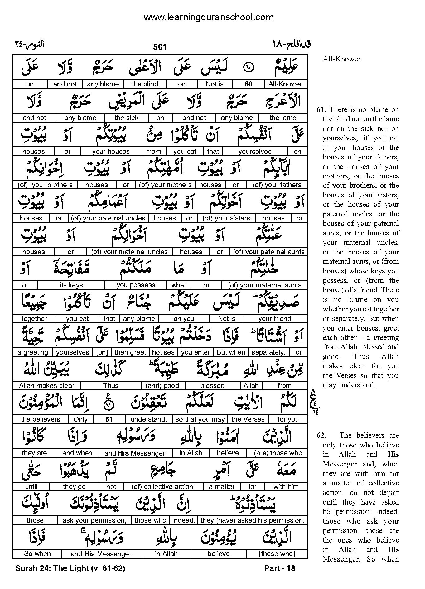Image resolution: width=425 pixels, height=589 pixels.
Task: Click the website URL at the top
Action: (208, 17)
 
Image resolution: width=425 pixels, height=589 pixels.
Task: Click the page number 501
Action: (160, 47)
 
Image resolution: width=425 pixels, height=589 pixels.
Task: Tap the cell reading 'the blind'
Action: (145, 84)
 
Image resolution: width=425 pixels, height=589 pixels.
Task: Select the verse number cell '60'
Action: (248, 84)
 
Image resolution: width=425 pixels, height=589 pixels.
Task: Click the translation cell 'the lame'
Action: (283, 118)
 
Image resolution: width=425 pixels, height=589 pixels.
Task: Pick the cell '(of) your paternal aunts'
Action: (268, 252)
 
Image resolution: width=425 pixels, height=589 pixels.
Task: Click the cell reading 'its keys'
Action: (71, 285)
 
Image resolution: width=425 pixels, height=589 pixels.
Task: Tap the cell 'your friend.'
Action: (275, 319)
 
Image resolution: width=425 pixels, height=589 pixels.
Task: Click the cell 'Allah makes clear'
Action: (46, 386)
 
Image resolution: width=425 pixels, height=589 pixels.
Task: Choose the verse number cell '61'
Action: (109, 419)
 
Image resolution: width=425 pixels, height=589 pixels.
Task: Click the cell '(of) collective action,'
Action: (163, 487)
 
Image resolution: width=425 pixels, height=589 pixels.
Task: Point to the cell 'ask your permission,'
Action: (94, 520)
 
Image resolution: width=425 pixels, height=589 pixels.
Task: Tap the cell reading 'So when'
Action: (37, 554)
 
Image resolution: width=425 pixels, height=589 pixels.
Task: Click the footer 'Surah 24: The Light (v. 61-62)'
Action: (70, 568)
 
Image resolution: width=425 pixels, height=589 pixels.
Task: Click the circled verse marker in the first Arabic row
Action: (248, 67)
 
